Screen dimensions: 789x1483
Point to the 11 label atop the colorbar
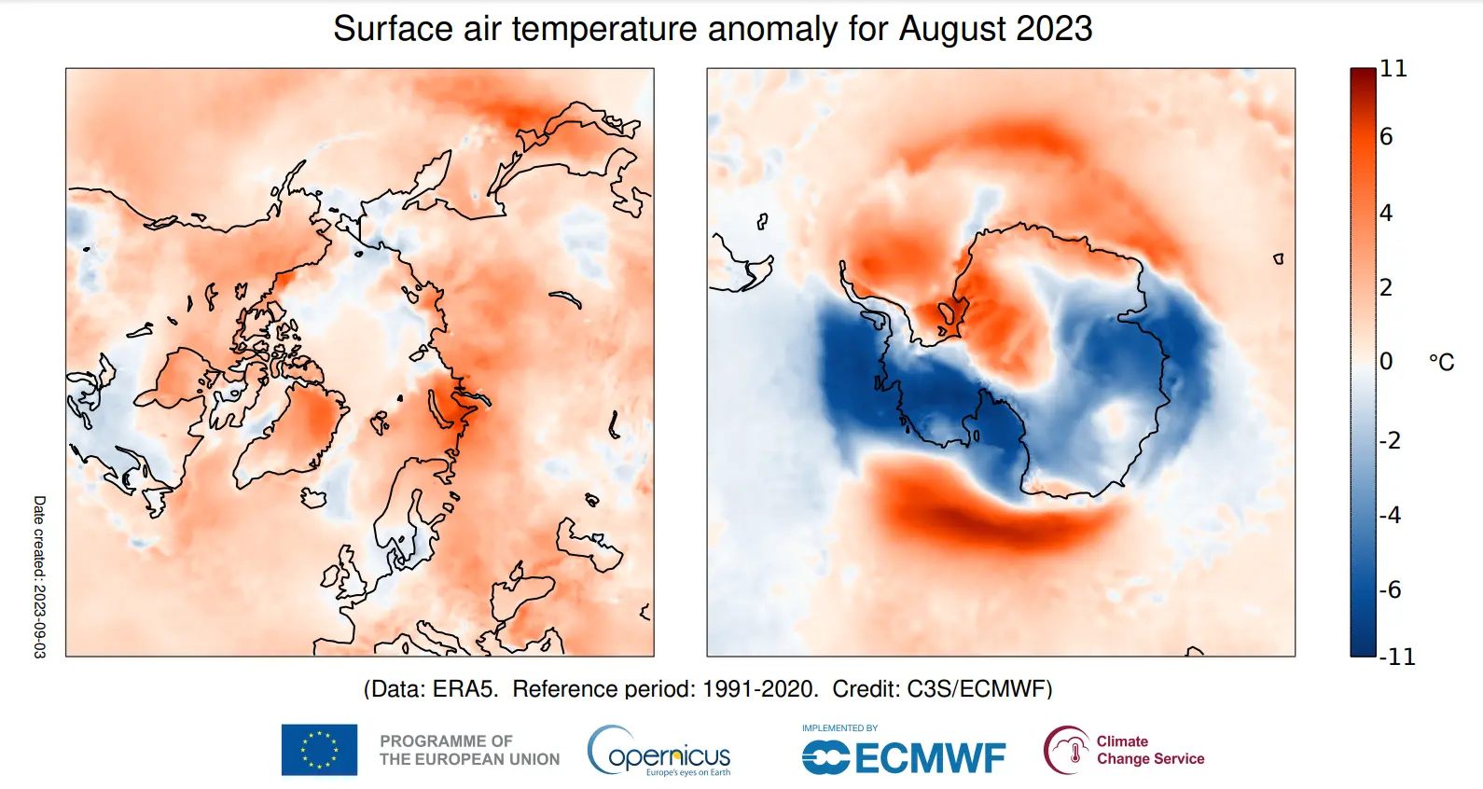click(x=1393, y=69)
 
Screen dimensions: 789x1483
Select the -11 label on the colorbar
click(x=1397, y=657)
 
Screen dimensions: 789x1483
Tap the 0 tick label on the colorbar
click(x=1386, y=361)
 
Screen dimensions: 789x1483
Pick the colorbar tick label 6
click(x=1386, y=137)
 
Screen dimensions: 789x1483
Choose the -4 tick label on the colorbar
click(x=1390, y=515)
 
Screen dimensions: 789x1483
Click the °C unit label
click(x=1441, y=362)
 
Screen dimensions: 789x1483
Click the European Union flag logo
click(x=319, y=750)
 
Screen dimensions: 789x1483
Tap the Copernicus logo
click(x=659, y=751)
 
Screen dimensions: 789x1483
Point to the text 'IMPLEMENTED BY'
click(x=839, y=728)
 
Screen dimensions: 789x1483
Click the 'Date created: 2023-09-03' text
click(x=39, y=576)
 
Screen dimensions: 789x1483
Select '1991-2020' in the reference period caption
click(x=758, y=689)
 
